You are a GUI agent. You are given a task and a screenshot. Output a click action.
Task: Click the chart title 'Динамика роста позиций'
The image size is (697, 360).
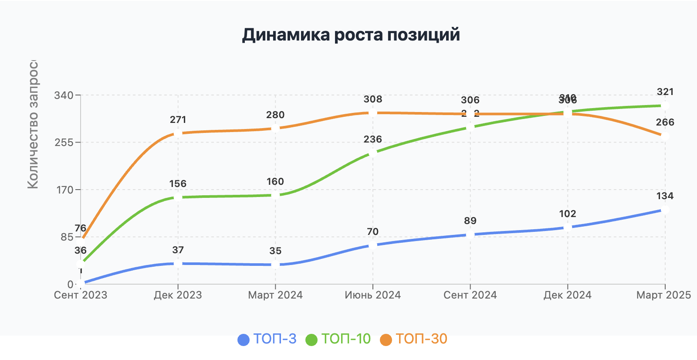(351, 35)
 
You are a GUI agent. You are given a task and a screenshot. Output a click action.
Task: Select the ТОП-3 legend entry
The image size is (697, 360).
(267, 339)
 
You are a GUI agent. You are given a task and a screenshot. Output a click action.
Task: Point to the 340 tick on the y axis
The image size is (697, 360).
(64, 95)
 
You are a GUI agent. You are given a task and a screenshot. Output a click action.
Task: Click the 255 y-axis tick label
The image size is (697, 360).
(64, 143)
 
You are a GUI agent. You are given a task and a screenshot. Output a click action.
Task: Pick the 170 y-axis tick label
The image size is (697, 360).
(64, 190)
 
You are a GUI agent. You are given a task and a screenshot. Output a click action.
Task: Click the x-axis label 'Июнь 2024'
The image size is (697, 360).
(372, 295)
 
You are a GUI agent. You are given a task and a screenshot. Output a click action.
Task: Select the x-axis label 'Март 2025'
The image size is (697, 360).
(663, 295)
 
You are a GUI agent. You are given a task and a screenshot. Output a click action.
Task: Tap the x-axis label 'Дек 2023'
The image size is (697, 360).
(178, 295)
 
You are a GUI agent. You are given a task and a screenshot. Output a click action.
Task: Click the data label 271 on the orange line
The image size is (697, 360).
(178, 120)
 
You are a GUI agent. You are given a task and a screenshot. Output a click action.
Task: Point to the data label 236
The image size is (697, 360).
(372, 139)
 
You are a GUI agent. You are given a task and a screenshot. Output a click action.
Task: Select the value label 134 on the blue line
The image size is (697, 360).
(665, 196)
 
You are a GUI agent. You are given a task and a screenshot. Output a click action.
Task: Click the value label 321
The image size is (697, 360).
(665, 92)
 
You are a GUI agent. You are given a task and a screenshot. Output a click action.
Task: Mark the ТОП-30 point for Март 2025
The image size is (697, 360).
(665, 136)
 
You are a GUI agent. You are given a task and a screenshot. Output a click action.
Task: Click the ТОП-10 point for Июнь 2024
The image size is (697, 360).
(372, 153)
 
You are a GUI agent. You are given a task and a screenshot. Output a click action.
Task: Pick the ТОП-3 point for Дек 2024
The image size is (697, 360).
(568, 228)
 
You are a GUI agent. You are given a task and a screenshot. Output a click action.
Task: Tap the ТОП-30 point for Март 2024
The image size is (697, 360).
(275, 129)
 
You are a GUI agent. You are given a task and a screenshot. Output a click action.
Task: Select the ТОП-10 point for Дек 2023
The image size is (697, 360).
(178, 197)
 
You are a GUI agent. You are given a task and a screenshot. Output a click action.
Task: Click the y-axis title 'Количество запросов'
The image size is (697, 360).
(33, 126)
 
